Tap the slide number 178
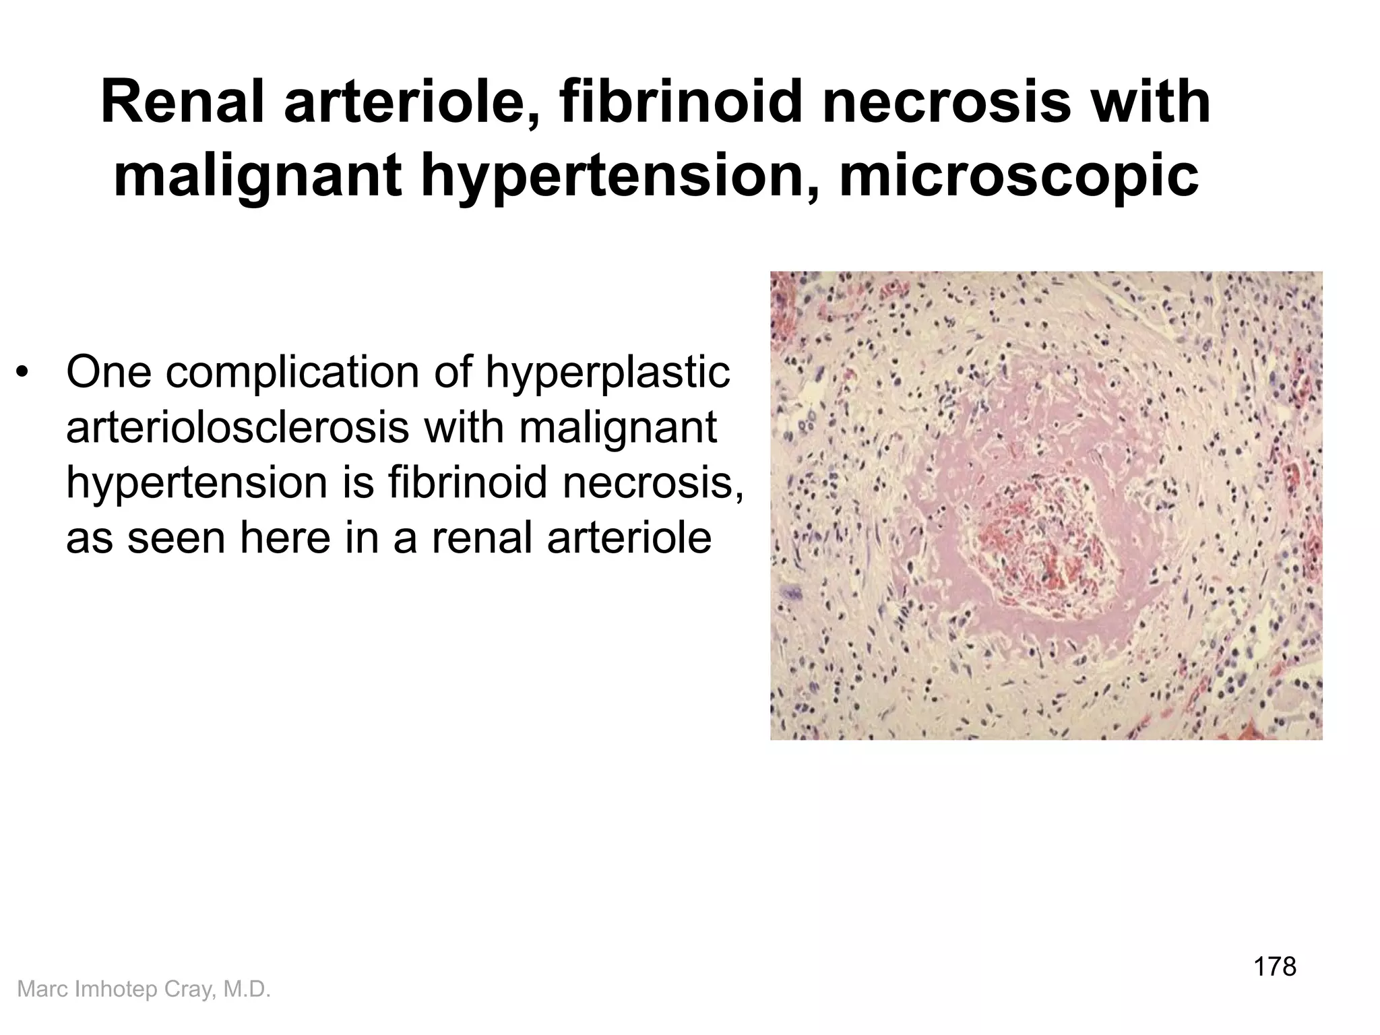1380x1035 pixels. pos(1274,966)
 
